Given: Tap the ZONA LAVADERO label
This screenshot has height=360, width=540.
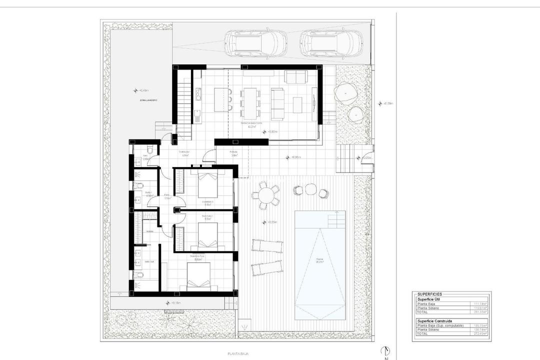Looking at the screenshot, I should click(x=149, y=100).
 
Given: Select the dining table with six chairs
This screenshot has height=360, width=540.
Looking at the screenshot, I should click(x=250, y=99).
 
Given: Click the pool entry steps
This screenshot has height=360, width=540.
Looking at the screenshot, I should click(x=335, y=219).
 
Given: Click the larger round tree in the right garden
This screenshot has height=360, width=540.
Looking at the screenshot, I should click(x=345, y=92).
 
